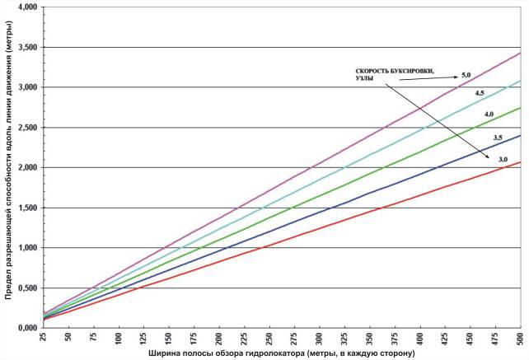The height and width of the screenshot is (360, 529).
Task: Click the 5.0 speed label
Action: (x=466, y=76)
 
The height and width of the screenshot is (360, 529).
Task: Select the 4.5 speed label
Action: (x=479, y=94)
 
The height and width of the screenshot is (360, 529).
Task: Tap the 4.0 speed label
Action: (x=489, y=114)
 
